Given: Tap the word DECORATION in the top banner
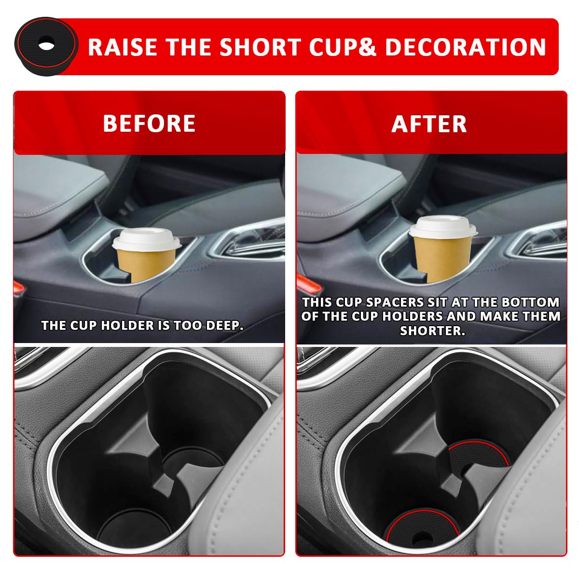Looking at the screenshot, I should tap(466, 47).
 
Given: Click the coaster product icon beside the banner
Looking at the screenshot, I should tap(46, 46).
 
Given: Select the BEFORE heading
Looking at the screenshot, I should tap(149, 124).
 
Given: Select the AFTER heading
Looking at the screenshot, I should tap(429, 124).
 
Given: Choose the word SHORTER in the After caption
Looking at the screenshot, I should tap(432, 331).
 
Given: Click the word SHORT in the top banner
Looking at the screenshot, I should tap(260, 47).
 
